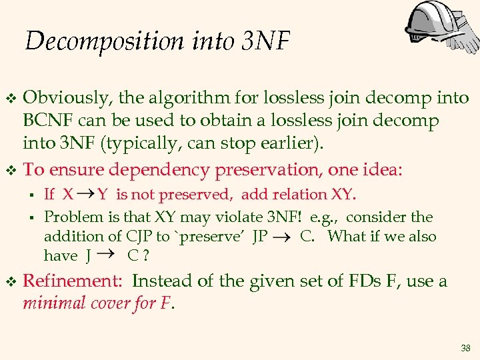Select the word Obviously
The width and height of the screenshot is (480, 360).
(67, 99)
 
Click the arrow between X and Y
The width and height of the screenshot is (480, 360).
(85, 193)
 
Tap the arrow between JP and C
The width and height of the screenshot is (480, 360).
(283, 237)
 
